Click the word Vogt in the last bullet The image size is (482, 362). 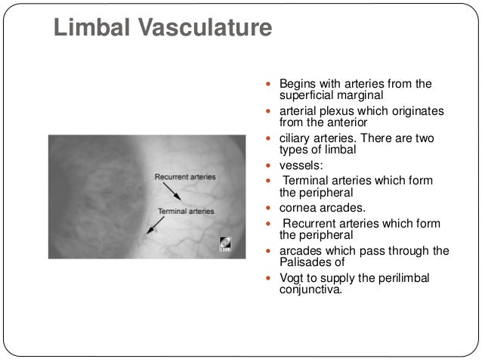[293, 278]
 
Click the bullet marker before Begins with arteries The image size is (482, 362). [271, 83]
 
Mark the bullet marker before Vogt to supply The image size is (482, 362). [271, 278]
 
